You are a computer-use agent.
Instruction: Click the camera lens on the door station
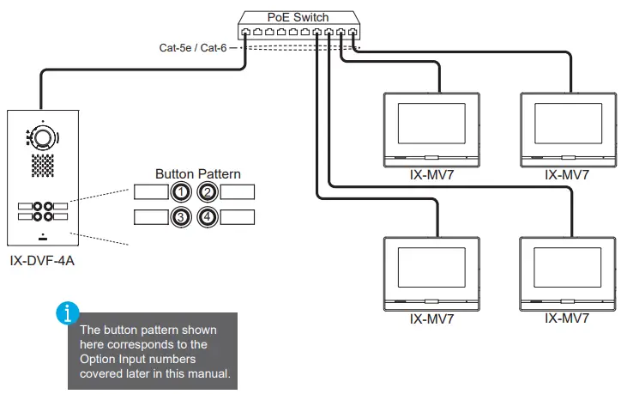click(44, 137)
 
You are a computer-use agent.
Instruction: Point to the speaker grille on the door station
click(43, 166)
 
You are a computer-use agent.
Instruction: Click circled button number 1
click(181, 192)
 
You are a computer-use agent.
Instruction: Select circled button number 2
click(207, 192)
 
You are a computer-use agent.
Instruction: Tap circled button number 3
click(181, 217)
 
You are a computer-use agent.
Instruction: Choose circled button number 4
click(207, 217)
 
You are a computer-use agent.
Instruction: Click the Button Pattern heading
click(197, 173)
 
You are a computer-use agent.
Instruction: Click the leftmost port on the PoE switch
click(246, 33)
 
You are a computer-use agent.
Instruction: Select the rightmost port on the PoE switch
click(353, 33)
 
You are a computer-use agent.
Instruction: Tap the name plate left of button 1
click(150, 192)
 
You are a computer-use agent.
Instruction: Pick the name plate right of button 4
click(237, 217)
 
